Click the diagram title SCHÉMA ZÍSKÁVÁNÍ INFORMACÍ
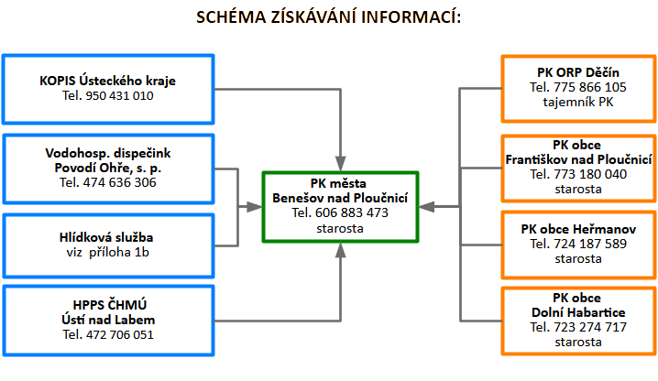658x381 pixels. tap(329, 17)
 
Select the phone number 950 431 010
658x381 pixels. tap(120, 95)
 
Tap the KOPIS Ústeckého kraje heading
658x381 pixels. tap(107, 81)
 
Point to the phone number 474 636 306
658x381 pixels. tap(120, 182)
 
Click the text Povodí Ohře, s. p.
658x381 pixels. tap(108, 168)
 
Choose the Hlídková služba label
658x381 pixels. tap(106, 237)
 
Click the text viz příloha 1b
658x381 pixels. tap(108, 252)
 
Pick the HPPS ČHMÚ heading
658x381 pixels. tap(110, 305)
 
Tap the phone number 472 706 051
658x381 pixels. tap(120, 335)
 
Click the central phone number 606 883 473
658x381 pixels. tap(352, 212)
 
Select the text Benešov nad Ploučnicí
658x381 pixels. tap(340, 198)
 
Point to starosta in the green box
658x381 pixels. tap(340, 228)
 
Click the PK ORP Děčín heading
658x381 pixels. tap(578, 72)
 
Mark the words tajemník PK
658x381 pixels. tap(578, 102)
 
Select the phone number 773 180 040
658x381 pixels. tap(590, 174)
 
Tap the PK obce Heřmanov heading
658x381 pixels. tap(578, 229)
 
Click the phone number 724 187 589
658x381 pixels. tap(590, 244)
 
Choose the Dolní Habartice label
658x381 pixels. tap(578, 312)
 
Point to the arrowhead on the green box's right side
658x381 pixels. tap(427, 206)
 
